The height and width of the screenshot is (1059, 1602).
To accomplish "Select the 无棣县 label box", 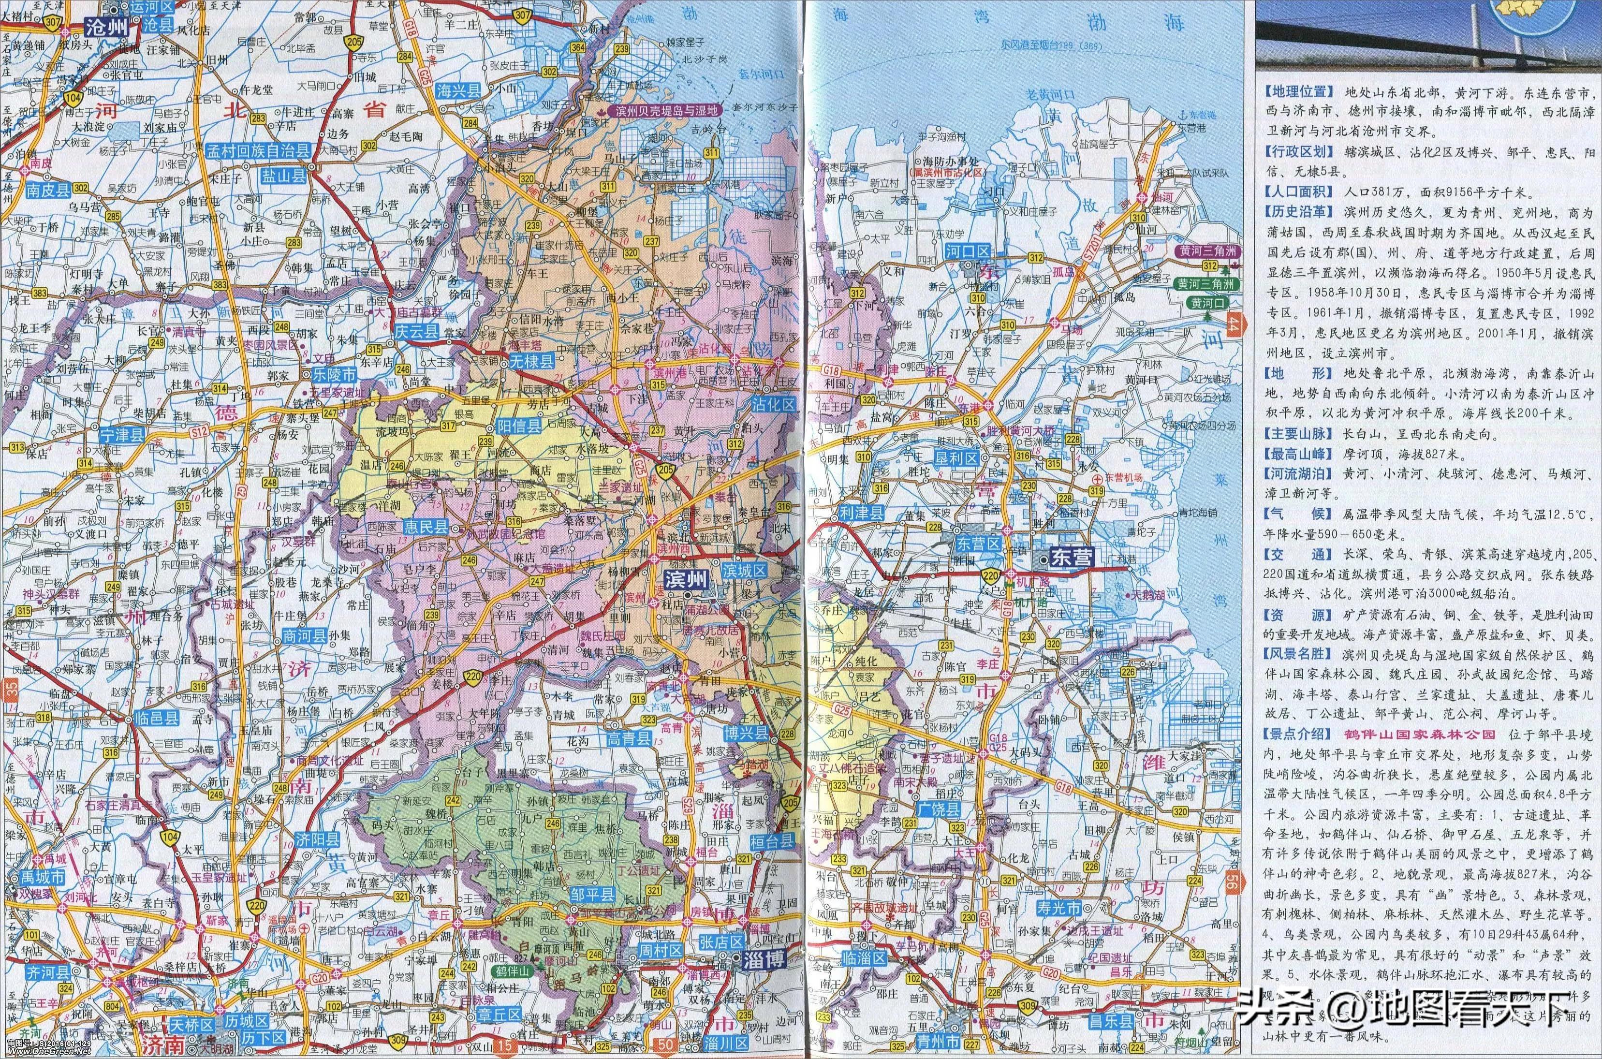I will pyautogui.click(x=531, y=361).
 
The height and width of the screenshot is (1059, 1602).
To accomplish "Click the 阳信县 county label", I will pyautogui.click(x=519, y=426).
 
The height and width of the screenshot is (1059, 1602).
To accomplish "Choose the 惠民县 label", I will pyautogui.click(x=425, y=527).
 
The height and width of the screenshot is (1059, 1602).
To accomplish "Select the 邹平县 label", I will pyautogui.click(x=592, y=896).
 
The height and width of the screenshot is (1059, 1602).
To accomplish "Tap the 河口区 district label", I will pyautogui.click(x=967, y=252).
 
